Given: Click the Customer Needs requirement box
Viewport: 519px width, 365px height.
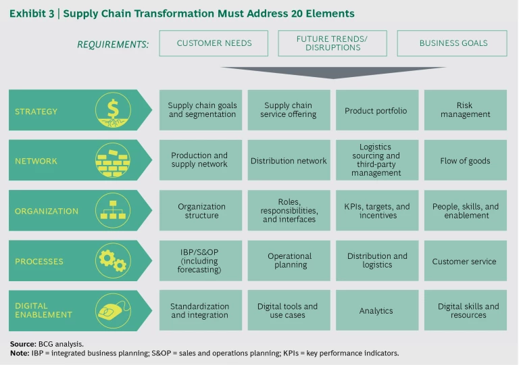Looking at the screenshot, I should [214, 43].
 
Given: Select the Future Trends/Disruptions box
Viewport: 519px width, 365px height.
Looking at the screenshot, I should [332, 43].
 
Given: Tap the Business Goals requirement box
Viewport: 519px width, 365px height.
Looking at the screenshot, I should [452, 43].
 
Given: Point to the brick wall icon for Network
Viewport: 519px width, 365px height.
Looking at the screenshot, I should [113, 161].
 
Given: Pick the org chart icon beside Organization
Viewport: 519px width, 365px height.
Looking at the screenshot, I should [113, 211].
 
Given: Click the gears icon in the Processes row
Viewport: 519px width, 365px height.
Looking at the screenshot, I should [113, 261].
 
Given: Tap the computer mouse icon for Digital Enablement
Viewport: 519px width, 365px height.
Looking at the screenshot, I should [113, 310].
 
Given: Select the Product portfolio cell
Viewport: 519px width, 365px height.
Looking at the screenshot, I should [376, 111].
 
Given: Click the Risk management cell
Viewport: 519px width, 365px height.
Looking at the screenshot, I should [465, 110].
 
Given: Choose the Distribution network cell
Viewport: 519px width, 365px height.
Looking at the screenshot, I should [289, 161].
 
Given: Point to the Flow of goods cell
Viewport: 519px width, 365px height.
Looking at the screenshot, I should [465, 161].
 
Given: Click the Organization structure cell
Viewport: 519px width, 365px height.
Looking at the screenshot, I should [201, 211].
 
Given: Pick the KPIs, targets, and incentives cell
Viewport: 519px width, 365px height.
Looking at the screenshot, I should [376, 211].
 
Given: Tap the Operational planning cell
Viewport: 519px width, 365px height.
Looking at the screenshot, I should [289, 261].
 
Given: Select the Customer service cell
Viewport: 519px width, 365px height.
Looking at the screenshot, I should [465, 261].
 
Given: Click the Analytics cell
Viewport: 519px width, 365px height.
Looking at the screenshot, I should [376, 311].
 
